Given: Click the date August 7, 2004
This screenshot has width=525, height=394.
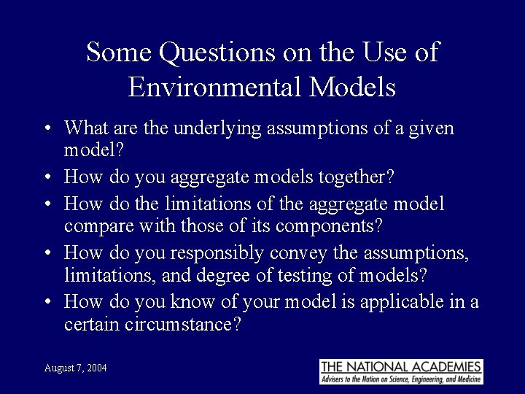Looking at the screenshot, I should click(75, 368).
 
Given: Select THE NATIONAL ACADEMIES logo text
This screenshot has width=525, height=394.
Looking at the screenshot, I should click(401, 366).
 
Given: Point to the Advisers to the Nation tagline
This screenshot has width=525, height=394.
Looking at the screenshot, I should click(401, 379).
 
